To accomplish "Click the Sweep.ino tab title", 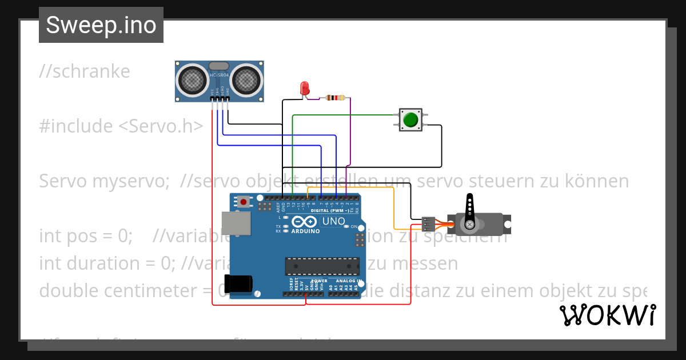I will click(101, 25).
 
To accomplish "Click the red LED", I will click(305, 89).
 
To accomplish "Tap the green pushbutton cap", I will click(410, 120).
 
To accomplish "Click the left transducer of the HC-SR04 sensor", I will click(192, 79).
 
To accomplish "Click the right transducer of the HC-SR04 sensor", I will click(247, 79).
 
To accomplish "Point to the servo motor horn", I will click(470, 212).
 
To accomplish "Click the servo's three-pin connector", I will click(428, 224).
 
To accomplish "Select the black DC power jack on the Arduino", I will click(238, 283).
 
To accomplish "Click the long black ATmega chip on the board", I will click(322, 266).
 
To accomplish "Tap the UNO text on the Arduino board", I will click(334, 221).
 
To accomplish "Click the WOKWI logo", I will click(607, 315).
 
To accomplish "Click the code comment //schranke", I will click(85, 71).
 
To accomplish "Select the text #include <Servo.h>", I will click(121, 126).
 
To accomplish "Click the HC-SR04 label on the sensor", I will click(219, 75).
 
